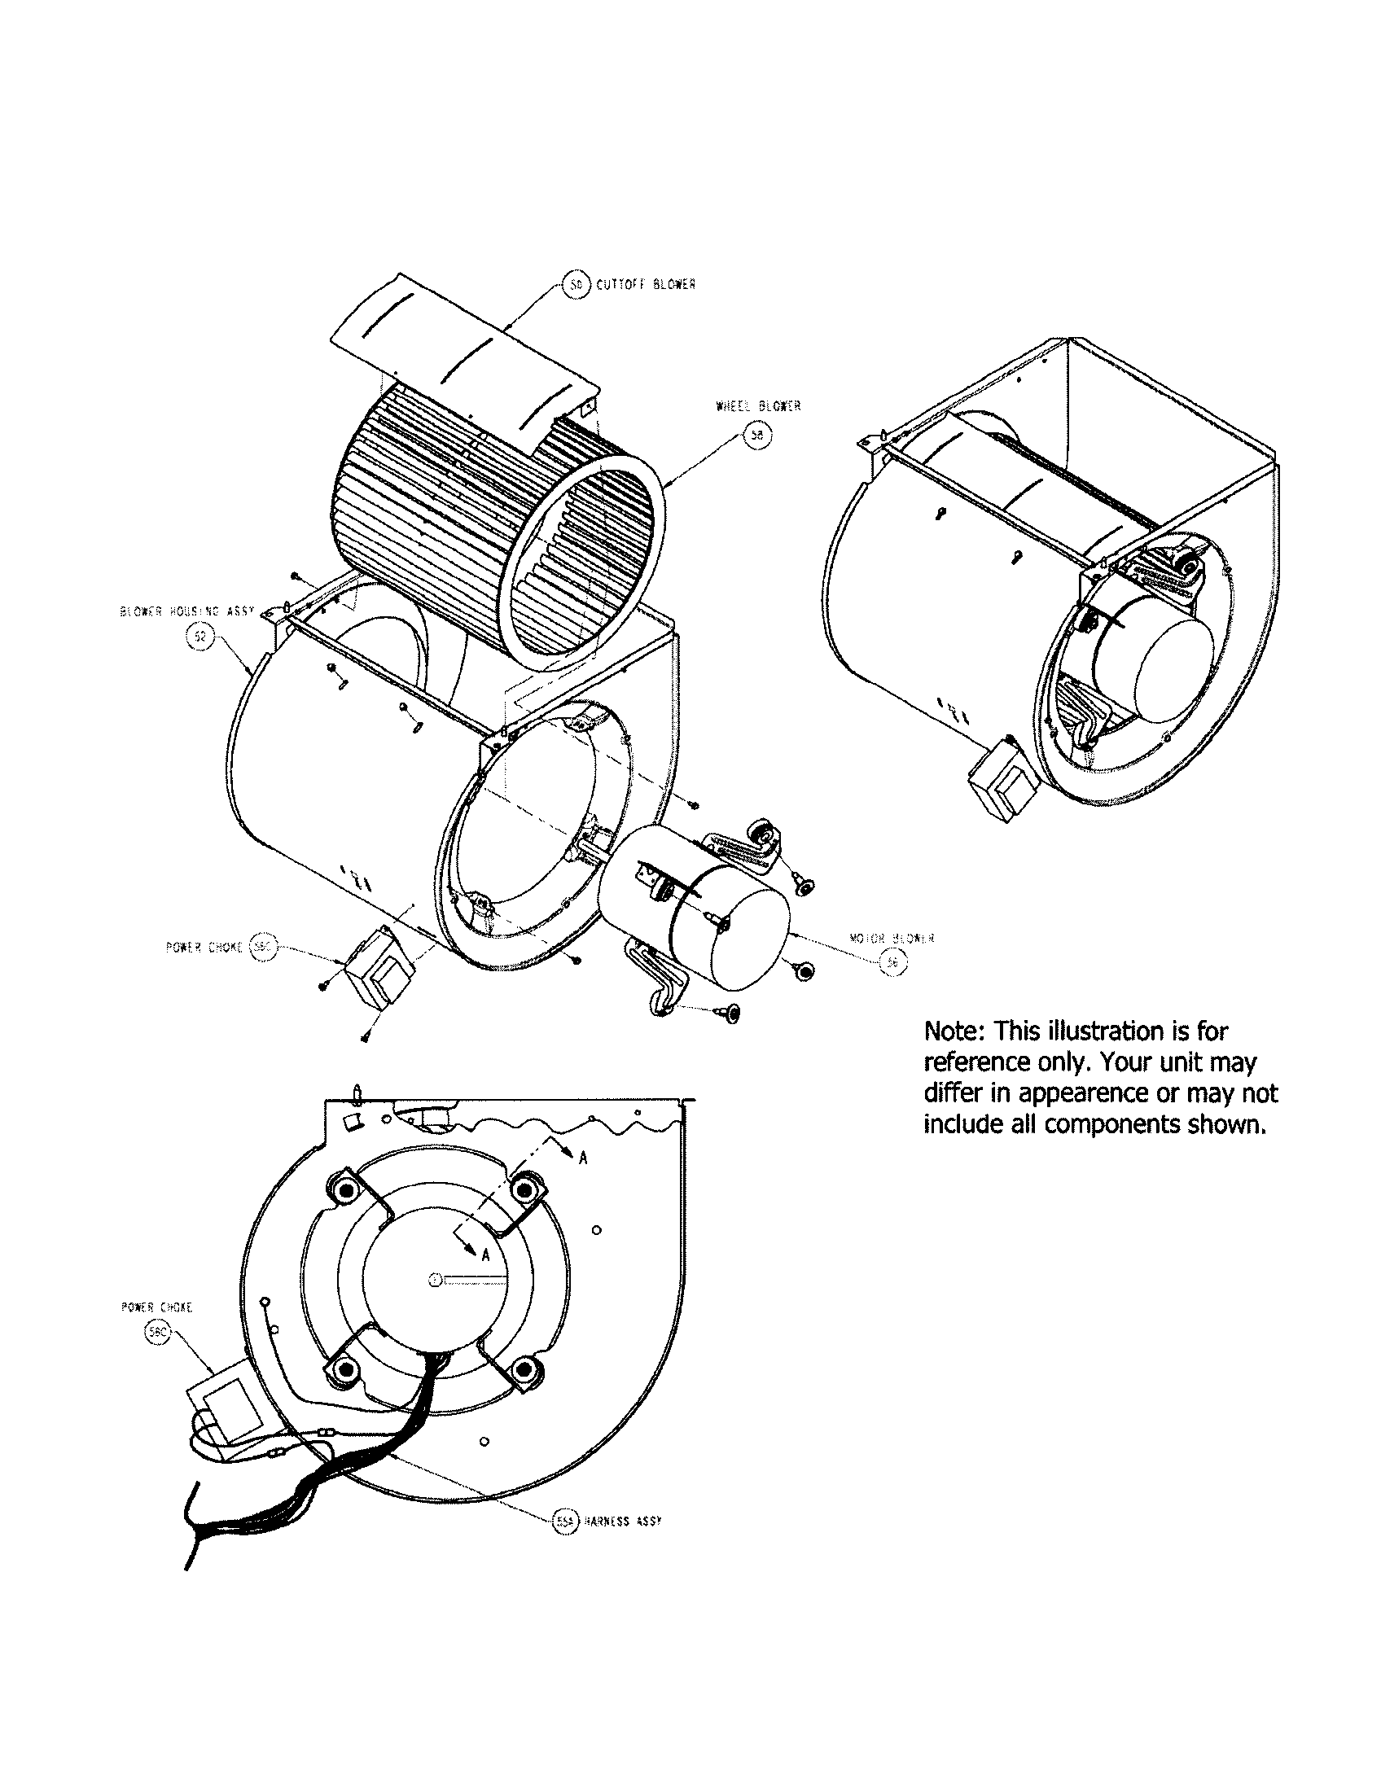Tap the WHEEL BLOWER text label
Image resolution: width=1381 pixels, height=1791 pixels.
coord(758,406)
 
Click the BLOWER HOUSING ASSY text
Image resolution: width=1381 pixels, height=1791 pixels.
coord(186,611)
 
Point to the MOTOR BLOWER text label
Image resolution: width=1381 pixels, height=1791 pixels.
coord(892,938)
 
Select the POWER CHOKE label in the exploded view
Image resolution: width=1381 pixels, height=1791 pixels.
coord(204,946)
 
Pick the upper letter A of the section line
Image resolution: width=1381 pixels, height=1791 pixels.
coord(583,1157)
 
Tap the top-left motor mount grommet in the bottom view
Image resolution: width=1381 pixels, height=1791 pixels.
coord(341,1189)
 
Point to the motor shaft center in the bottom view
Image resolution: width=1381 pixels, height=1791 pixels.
coord(435,1280)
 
